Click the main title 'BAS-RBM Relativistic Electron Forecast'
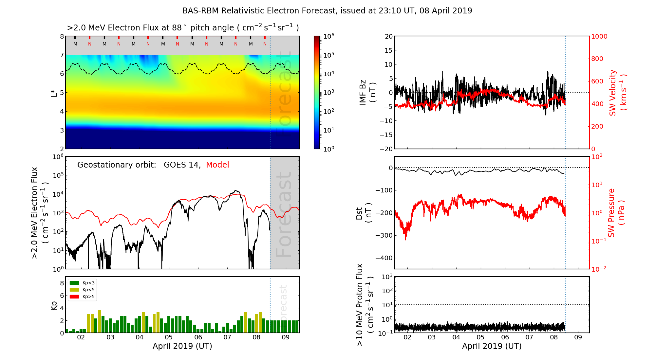pyautogui.click(x=259, y=11)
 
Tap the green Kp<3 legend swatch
pyautogui.click(x=74, y=283)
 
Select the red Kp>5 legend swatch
pyautogui.click(x=74, y=297)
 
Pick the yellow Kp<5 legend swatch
pyautogui.click(x=74, y=290)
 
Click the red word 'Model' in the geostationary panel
pyautogui.click(x=217, y=165)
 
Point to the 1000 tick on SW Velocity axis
pyautogui.click(x=599, y=36)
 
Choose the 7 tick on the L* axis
pyautogui.click(x=62, y=55)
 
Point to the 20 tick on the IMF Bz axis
pyautogui.click(x=388, y=36)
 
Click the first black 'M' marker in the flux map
pyautogui.click(x=75, y=44)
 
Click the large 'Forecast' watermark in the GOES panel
pyautogui.click(x=284, y=214)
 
